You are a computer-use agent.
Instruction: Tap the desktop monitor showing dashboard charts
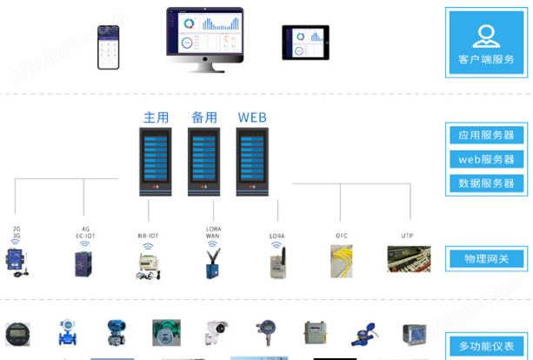coord(205,35)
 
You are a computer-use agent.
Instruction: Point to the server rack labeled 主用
coord(157,162)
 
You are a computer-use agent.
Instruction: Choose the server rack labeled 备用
coord(204,162)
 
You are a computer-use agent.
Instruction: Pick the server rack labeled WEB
coord(252,162)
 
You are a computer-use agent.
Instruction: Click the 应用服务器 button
coord(486,136)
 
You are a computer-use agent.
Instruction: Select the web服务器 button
coord(486,160)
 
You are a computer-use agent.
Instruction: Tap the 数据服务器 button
coord(486,183)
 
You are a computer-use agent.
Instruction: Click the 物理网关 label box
coord(486,258)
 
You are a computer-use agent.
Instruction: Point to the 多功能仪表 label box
coord(486,346)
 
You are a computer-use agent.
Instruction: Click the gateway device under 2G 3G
coord(17,262)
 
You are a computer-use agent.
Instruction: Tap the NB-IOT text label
coord(148,234)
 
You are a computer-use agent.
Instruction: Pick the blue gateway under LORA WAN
coord(212,262)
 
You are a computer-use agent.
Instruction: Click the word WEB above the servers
coord(252,117)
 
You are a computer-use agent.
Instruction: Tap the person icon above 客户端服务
coord(486,33)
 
